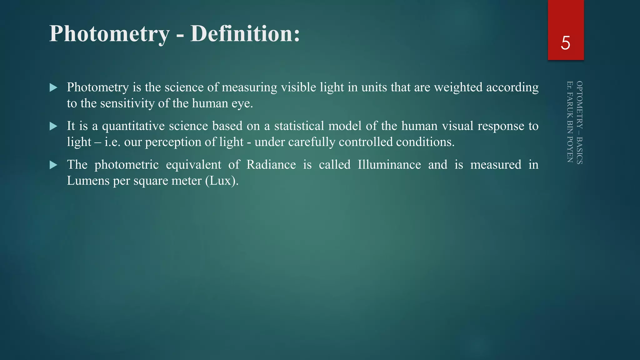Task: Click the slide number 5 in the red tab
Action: pyautogui.click(x=565, y=43)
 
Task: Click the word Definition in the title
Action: pyautogui.click(x=245, y=33)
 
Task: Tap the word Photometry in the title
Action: pyautogui.click(x=109, y=34)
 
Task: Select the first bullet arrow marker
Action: pyautogui.click(x=53, y=87)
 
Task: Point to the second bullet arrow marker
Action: pyautogui.click(x=53, y=126)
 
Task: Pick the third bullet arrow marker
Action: pyautogui.click(x=53, y=165)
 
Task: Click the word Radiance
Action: pyautogui.click(x=271, y=165)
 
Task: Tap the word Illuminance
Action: pyautogui.click(x=389, y=165)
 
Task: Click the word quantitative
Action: pyautogui.click(x=133, y=126)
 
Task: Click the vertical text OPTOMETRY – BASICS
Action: pyautogui.click(x=579, y=122)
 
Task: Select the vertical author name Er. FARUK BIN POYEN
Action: pyautogui.click(x=570, y=122)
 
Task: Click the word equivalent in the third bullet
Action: pyautogui.click(x=193, y=165)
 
